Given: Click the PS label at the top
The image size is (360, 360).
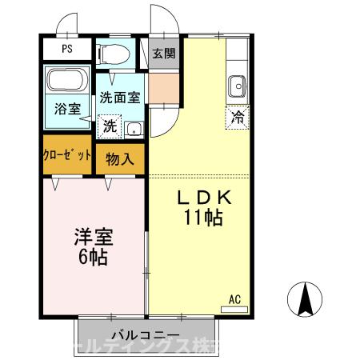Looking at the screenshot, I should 66,49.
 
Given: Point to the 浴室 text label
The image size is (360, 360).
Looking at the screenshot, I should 68,110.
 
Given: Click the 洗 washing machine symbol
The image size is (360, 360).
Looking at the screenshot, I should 108,126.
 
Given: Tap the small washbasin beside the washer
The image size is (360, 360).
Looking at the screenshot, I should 134,128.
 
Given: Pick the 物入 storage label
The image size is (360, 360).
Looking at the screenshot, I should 120,159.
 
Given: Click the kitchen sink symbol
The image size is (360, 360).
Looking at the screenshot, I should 237,85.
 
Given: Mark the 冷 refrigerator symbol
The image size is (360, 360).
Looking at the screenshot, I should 238,116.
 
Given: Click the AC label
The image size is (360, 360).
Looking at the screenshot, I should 235,299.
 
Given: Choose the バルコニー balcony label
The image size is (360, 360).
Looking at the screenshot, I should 145,335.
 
